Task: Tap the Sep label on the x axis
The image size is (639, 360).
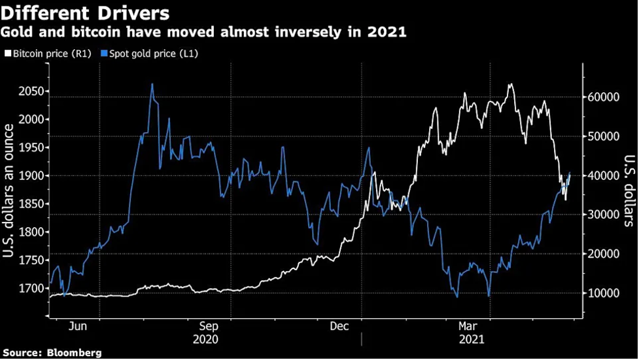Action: click(208, 325)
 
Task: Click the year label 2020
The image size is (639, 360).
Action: click(207, 339)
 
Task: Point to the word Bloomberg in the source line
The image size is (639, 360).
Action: click(77, 353)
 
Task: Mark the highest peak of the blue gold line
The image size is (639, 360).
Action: click(152, 84)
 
